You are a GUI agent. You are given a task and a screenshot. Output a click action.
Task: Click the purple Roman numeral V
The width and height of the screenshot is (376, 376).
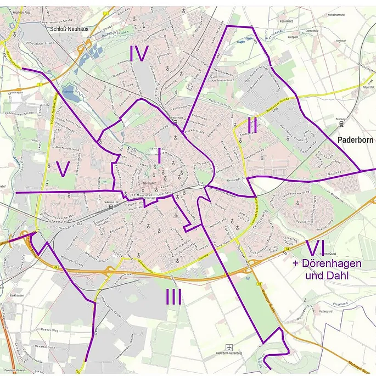64,170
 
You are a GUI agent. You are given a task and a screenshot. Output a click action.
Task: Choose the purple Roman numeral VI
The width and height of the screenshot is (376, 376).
318,248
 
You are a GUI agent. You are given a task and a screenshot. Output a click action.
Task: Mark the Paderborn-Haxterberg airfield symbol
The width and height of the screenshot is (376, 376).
229,347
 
